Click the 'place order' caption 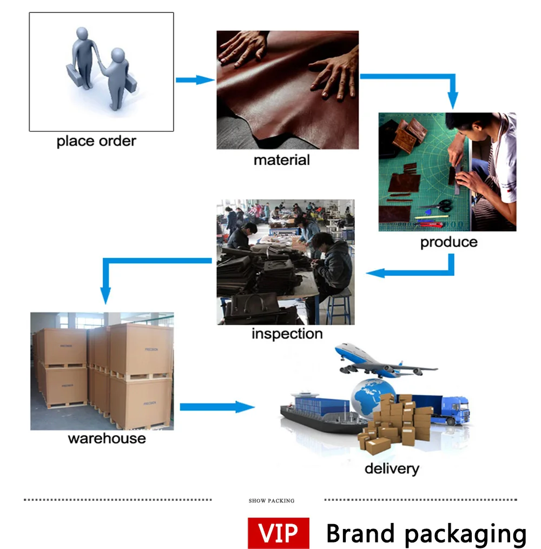pyautogui.click(x=96, y=142)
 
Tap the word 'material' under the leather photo pyautogui.click(x=282, y=160)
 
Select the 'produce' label pyautogui.click(x=449, y=242)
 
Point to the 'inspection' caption pyautogui.click(x=287, y=334)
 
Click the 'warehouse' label pyautogui.click(x=107, y=438)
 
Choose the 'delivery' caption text pyautogui.click(x=392, y=469)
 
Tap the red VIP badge pyautogui.click(x=279, y=533)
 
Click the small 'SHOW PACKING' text pyautogui.click(x=272, y=501)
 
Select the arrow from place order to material pyautogui.click(x=195, y=80)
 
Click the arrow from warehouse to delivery pyautogui.click(x=217, y=407)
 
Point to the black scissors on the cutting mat pyautogui.click(x=442, y=206)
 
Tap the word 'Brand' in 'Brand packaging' pyautogui.click(x=361, y=534)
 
